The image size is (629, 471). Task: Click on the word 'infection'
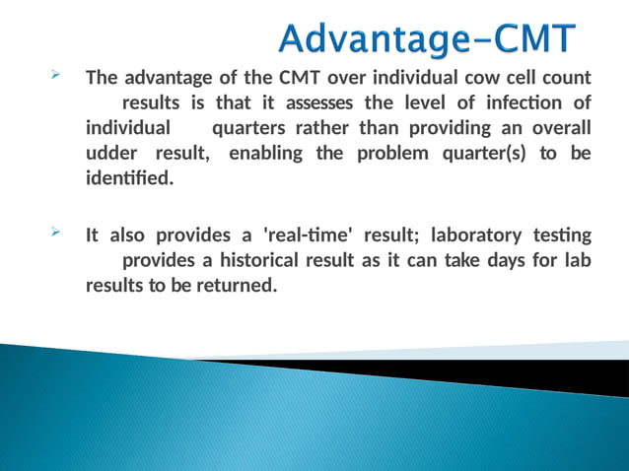pos(518,103)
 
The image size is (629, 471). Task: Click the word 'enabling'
pos(266,155)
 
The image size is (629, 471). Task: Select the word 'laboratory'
pos(481,235)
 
